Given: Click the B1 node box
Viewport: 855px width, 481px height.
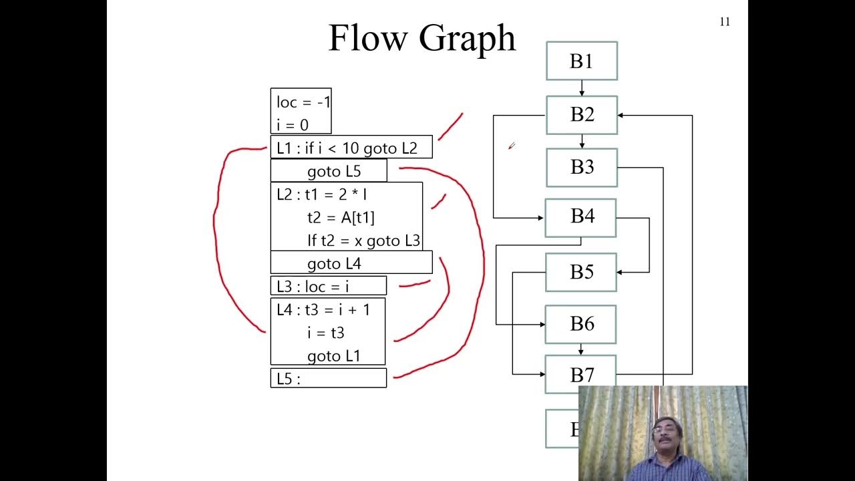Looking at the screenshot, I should pos(581,61).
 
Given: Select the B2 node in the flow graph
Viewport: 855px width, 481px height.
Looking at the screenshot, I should pos(581,115).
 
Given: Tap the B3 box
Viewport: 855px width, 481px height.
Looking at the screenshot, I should pos(581,167).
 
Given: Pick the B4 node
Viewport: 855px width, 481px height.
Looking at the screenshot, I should pos(580,217).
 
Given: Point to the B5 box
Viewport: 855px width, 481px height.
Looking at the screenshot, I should pos(580,272).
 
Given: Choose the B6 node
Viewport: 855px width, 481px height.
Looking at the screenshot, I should pos(580,324).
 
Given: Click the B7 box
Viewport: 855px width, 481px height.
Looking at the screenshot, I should pos(580,373).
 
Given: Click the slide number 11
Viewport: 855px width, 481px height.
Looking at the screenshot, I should pos(725,22).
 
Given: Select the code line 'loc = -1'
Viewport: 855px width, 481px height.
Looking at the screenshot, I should pos(303,102).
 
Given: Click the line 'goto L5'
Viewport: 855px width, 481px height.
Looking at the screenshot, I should pos(333,171).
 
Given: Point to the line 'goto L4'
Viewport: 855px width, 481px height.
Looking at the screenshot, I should pos(333,263).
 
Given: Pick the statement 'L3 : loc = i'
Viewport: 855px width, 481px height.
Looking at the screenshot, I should pos(313,286).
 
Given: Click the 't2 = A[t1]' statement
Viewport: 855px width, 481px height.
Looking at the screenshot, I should pos(341,217).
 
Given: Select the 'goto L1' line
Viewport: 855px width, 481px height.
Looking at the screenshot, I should pos(333,355).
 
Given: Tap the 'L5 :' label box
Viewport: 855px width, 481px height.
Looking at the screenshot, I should pos(327,378).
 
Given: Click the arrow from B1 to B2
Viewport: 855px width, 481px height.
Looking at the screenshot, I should pos(581,88).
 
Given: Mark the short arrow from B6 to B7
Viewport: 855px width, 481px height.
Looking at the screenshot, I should pos(580,349).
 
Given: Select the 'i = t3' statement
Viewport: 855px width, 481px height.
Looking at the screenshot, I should pos(326,332).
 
